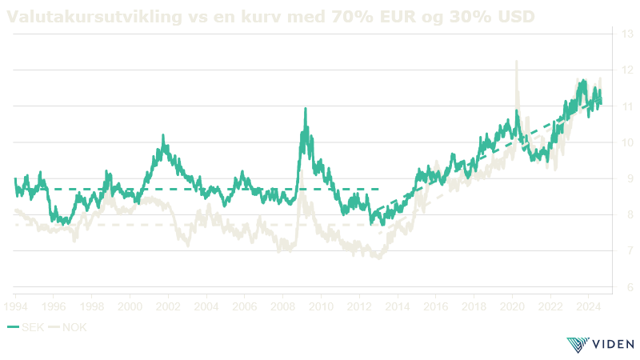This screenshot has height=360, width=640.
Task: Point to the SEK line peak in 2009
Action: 306,108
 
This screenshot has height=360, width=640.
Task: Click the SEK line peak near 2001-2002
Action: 163,136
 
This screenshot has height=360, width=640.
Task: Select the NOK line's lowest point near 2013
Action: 378,258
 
